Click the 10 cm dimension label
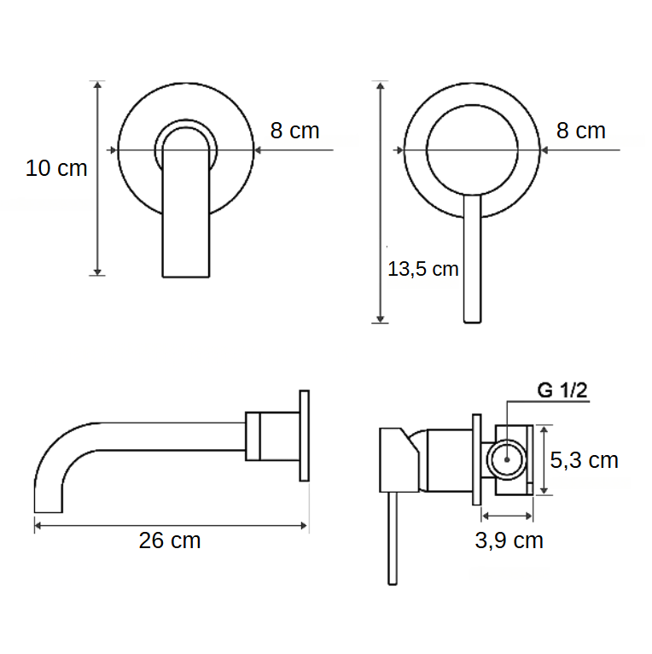(x=56, y=168)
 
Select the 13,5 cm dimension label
(x=422, y=270)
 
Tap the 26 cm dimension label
(x=170, y=540)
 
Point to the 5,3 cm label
(x=584, y=461)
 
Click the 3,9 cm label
(x=509, y=541)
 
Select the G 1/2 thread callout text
(x=562, y=391)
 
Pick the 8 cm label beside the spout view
(x=294, y=131)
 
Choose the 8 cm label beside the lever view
(x=580, y=131)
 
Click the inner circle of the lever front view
(x=471, y=149)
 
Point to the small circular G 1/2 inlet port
(x=508, y=459)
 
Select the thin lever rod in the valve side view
(x=393, y=538)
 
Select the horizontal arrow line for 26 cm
(x=171, y=525)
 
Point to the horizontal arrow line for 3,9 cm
(x=508, y=515)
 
